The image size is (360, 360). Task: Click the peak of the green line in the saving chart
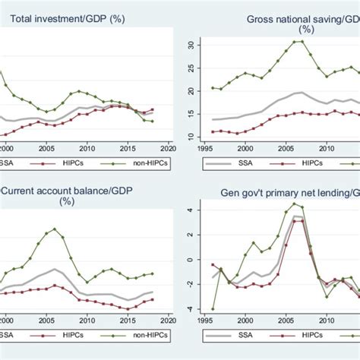click(298, 41)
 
